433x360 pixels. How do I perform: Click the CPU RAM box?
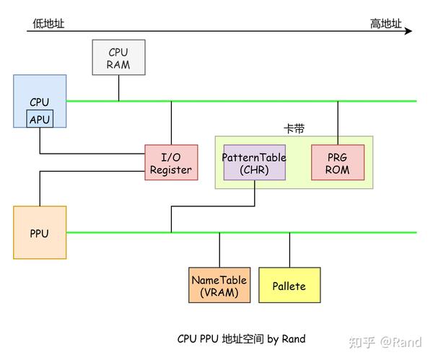click(x=118, y=58)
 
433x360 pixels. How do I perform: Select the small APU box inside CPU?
click(x=40, y=119)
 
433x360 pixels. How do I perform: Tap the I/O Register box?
click(x=171, y=162)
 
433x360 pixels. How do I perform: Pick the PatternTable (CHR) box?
click(x=254, y=162)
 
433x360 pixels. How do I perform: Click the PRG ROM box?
click(x=338, y=162)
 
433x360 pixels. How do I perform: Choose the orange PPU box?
click(x=40, y=232)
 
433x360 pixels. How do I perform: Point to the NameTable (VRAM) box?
click(x=219, y=286)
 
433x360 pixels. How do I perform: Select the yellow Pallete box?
click(x=289, y=286)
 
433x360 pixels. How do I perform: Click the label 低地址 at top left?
click(x=48, y=23)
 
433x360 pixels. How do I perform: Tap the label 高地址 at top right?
click(x=385, y=23)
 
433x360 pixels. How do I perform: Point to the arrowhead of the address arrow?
click(x=408, y=31)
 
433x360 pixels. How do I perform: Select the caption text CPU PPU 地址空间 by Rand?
click(x=241, y=338)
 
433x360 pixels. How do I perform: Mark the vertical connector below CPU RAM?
click(x=118, y=87)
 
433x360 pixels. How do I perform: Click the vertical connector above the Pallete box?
click(x=289, y=250)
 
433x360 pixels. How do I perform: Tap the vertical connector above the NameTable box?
click(x=219, y=250)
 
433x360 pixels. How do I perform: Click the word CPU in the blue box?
click(x=40, y=102)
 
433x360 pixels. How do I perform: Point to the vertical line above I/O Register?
click(x=171, y=123)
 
